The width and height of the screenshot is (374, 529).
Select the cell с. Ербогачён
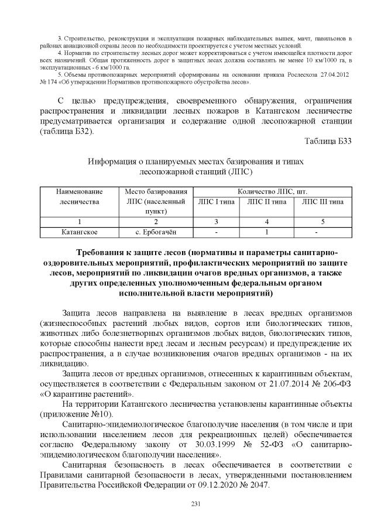coord(156,232)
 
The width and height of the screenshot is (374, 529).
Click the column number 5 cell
coord(322,222)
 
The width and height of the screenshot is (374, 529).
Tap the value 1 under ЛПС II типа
coord(267,232)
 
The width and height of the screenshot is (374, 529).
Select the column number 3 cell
coord(216,222)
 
